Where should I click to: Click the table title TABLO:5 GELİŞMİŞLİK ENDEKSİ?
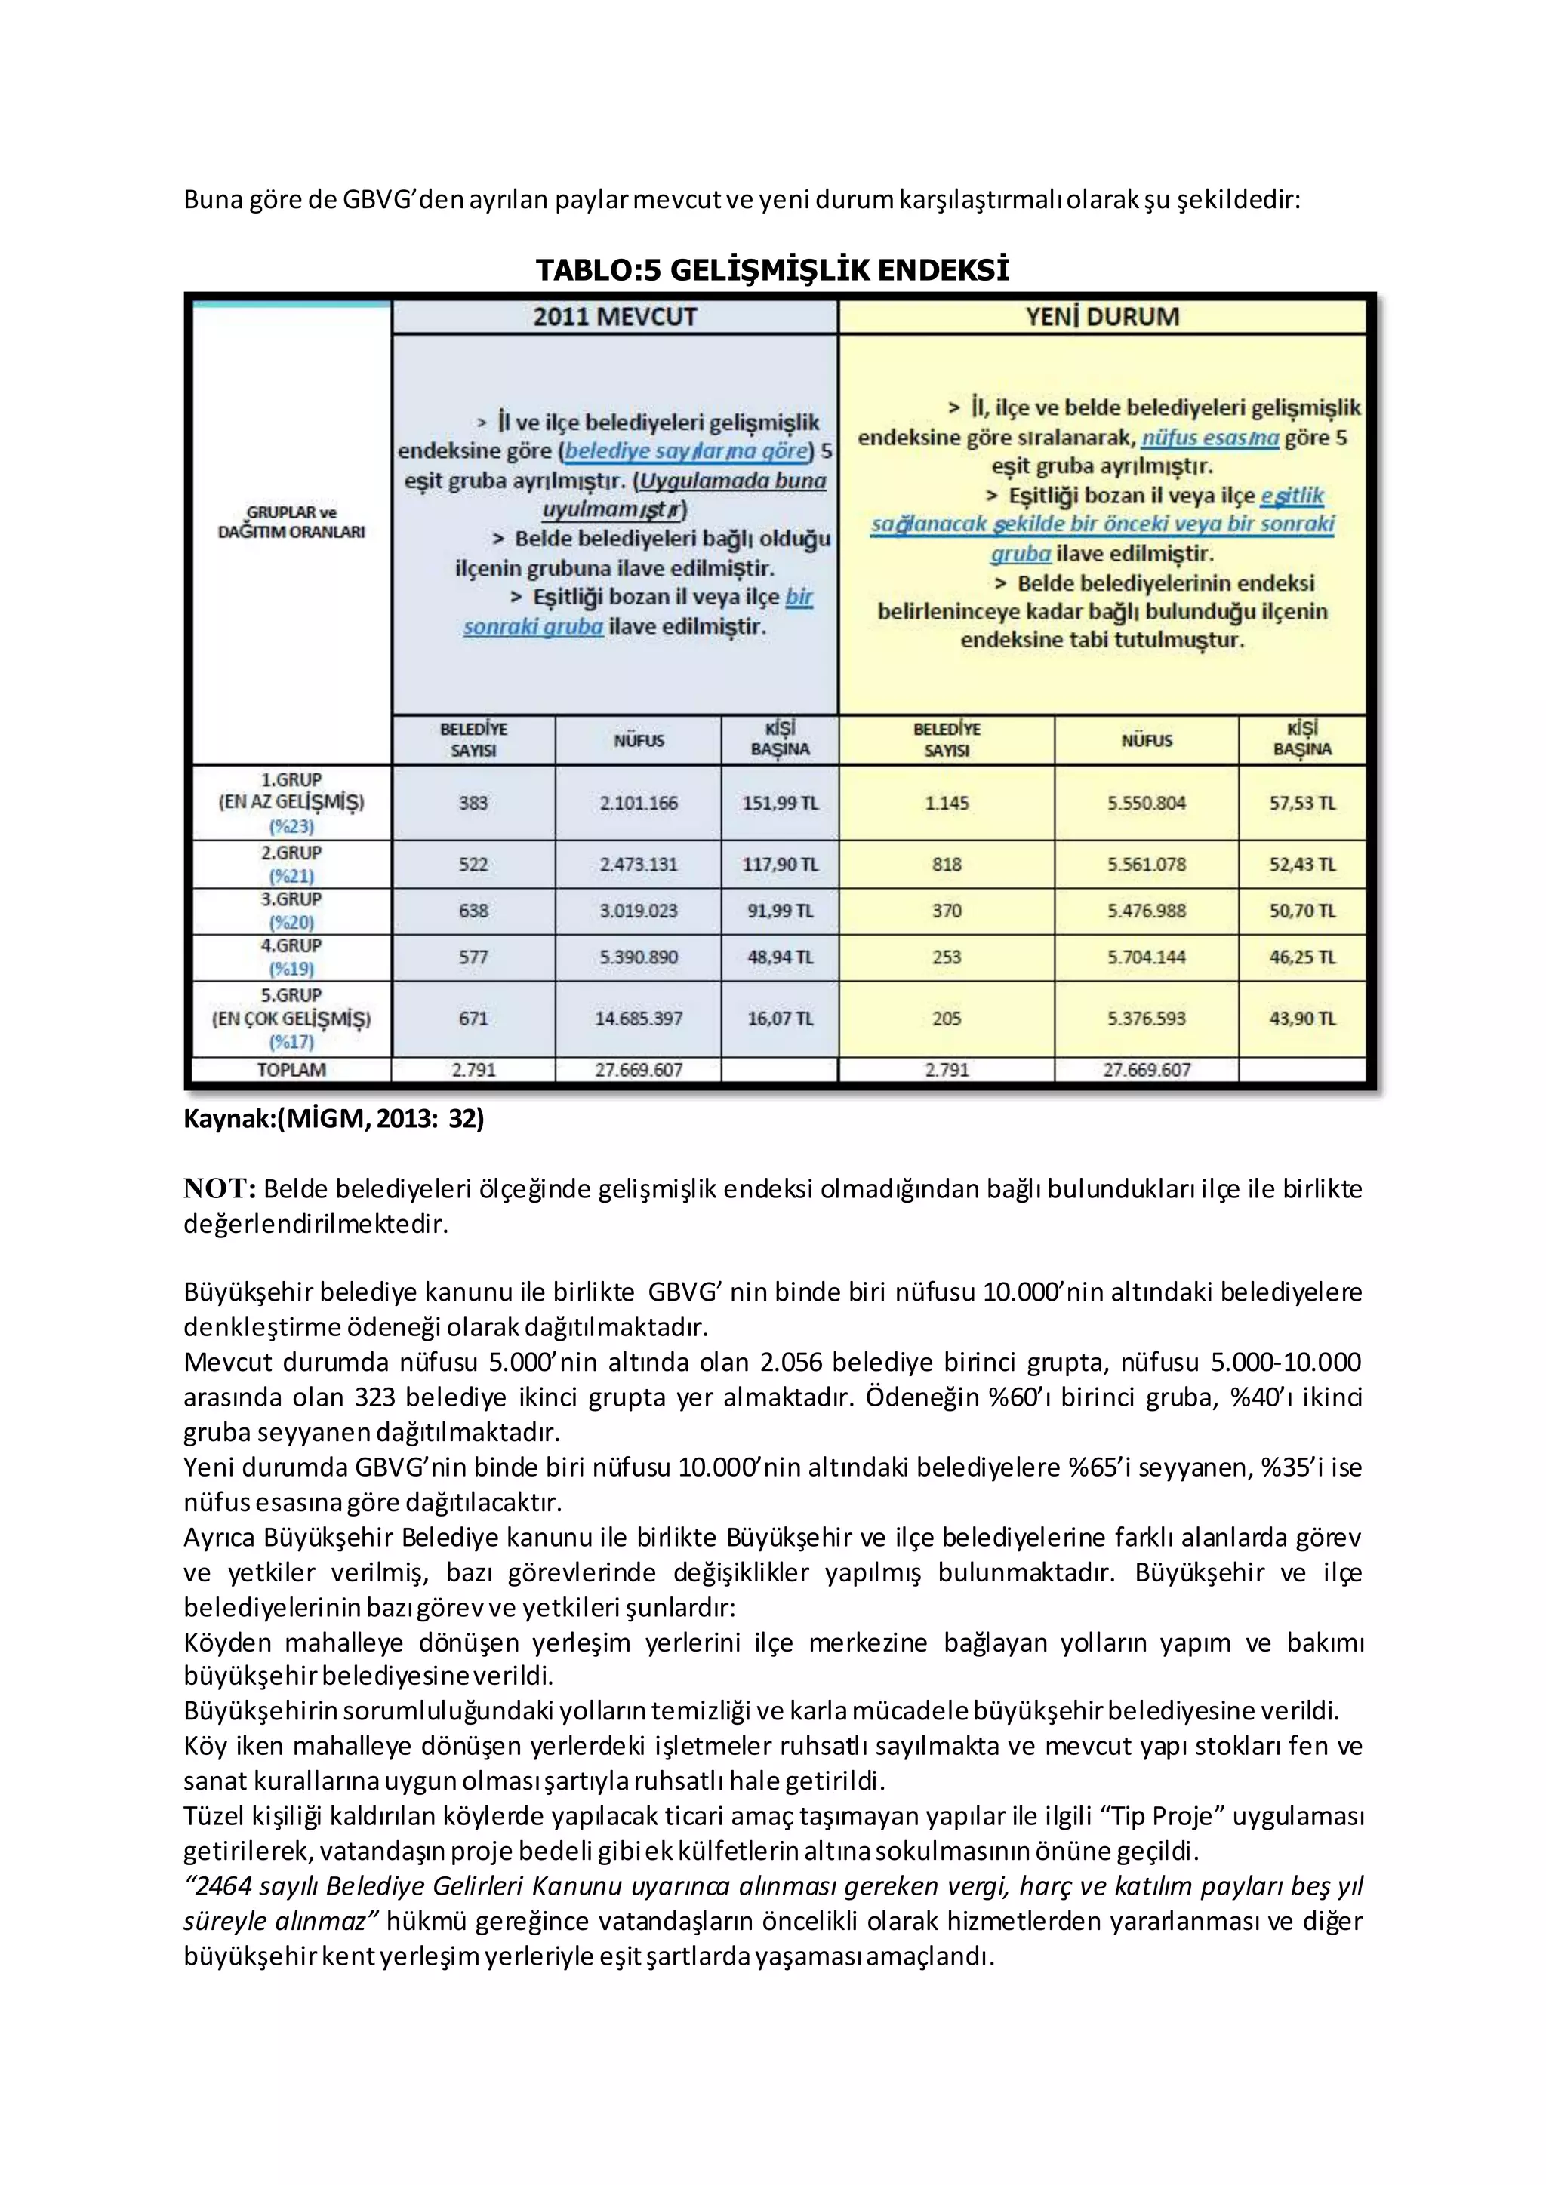click(772, 269)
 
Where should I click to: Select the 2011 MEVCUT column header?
click(615, 317)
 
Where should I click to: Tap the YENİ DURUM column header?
click(1102, 317)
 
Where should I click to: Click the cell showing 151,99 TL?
click(780, 802)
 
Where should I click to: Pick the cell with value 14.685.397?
click(638, 1019)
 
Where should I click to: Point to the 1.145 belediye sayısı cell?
click(947, 802)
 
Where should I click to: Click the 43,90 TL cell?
click(1301, 1019)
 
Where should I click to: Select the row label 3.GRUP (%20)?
click(291, 911)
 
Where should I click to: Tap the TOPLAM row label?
click(291, 1070)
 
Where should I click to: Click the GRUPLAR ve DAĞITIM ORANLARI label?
click(291, 521)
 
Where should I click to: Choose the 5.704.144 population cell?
click(1146, 957)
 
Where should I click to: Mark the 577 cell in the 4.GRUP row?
click(473, 957)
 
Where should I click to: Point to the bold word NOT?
click(220, 1188)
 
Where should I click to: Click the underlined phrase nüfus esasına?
click(1210, 438)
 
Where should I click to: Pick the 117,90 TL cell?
click(780, 864)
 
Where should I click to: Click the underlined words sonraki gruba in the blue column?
click(533, 627)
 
